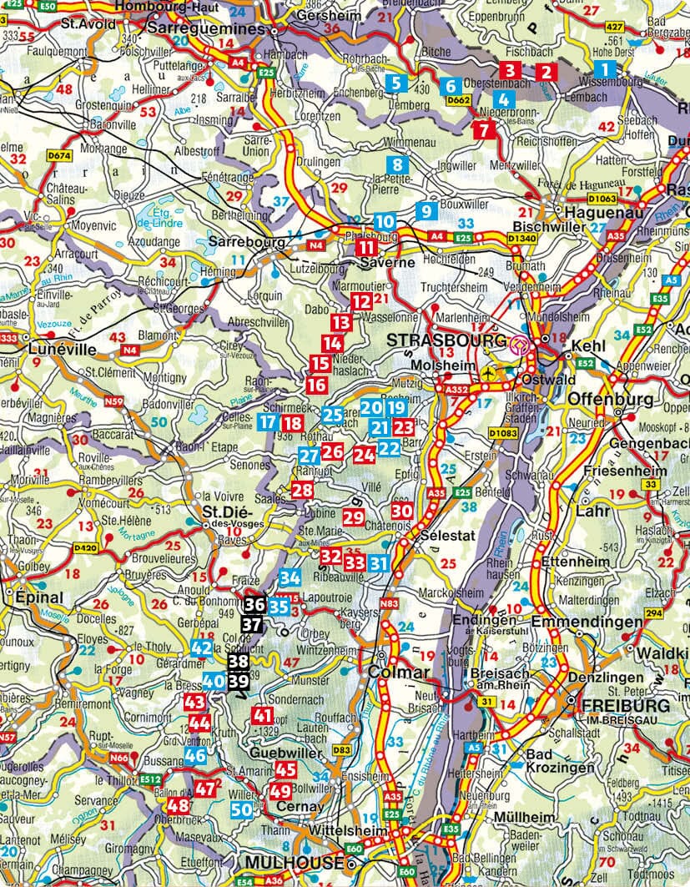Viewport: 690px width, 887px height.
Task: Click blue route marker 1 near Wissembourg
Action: (x=605, y=69)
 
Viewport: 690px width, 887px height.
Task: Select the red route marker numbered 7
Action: (x=482, y=129)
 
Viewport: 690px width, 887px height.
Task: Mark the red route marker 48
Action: (x=178, y=805)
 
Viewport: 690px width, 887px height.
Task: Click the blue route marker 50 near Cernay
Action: (x=241, y=809)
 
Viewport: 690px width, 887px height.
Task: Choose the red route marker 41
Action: (x=262, y=715)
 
